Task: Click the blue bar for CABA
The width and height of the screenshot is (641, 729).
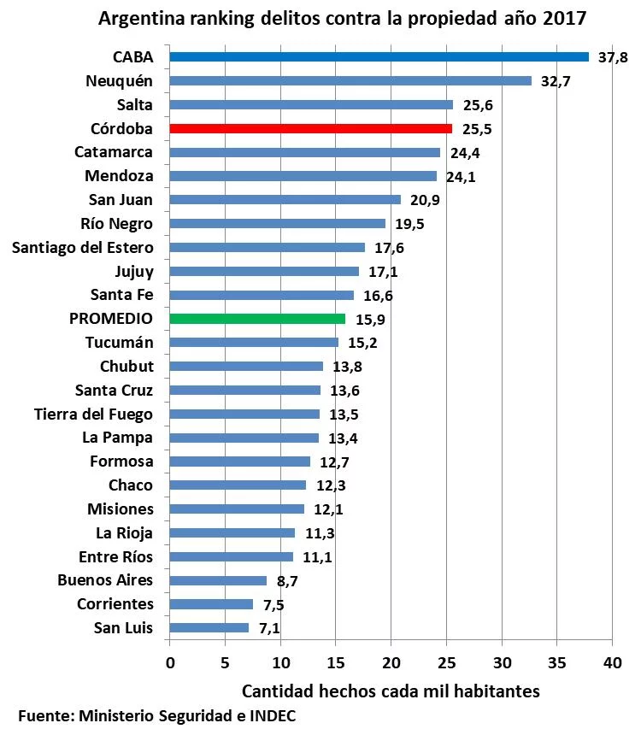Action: pos(379,57)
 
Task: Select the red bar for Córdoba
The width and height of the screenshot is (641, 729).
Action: pos(310,129)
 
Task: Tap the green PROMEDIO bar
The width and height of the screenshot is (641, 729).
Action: pos(257,319)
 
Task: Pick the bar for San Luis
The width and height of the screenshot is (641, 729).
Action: pos(209,628)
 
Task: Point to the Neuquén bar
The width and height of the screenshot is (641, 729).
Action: pos(350,81)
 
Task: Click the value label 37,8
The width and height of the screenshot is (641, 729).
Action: pos(613,58)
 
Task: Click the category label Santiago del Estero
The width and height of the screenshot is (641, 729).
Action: pos(83,248)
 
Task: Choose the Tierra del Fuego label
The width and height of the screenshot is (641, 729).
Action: pos(93,414)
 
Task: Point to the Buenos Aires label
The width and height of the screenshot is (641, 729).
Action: pos(105,580)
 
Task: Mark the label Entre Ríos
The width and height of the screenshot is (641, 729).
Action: pos(115,557)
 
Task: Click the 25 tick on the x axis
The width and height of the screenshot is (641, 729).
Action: pos(446,662)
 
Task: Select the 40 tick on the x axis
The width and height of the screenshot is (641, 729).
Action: pos(611,662)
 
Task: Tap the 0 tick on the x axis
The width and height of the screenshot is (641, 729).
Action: pos(170,662)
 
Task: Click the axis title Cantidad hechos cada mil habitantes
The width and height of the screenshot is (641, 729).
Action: pos(391,691)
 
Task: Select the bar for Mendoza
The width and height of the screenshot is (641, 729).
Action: pos(303,177)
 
